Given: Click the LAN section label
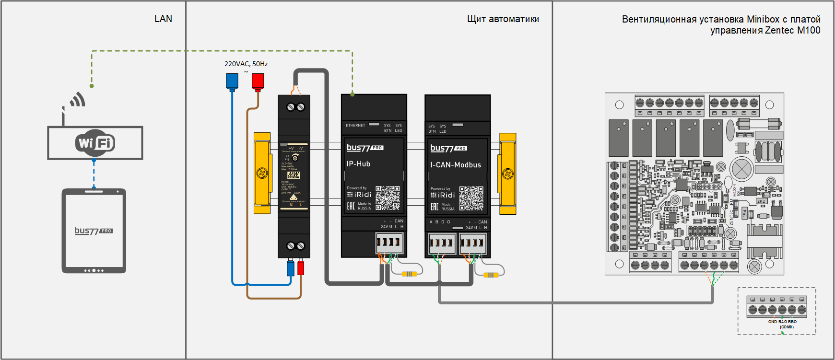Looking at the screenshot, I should pos(163,19).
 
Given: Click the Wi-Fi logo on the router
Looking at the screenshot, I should pos(95,143).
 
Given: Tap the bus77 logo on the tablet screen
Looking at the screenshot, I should pos(94,231).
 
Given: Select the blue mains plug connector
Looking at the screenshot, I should pos(232,81).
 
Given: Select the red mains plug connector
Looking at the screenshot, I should pos(258,81).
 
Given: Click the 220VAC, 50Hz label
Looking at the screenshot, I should pos(246,64).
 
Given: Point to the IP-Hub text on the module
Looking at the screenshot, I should pos(358,164).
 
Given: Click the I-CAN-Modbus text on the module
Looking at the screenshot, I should pos(455,165).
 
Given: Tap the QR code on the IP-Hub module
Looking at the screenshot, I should pos(388,198).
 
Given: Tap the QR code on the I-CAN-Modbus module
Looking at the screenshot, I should pos(471,198).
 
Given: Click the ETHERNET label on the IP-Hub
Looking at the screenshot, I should pos(355,126).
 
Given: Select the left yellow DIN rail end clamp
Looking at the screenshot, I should pos(262,173).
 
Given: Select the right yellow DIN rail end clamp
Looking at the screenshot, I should pos(507,174).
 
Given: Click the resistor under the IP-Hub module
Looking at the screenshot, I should pos(409,274).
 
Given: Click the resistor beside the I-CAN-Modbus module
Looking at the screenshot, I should pos(491,275).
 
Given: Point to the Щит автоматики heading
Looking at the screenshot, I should pos(503,19).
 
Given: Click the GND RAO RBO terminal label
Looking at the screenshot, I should pos(782,322).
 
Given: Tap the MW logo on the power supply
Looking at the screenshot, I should pos(293,175).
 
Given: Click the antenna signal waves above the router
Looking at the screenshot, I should pos(78,100).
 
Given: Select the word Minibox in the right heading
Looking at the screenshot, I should pos(763,19).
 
